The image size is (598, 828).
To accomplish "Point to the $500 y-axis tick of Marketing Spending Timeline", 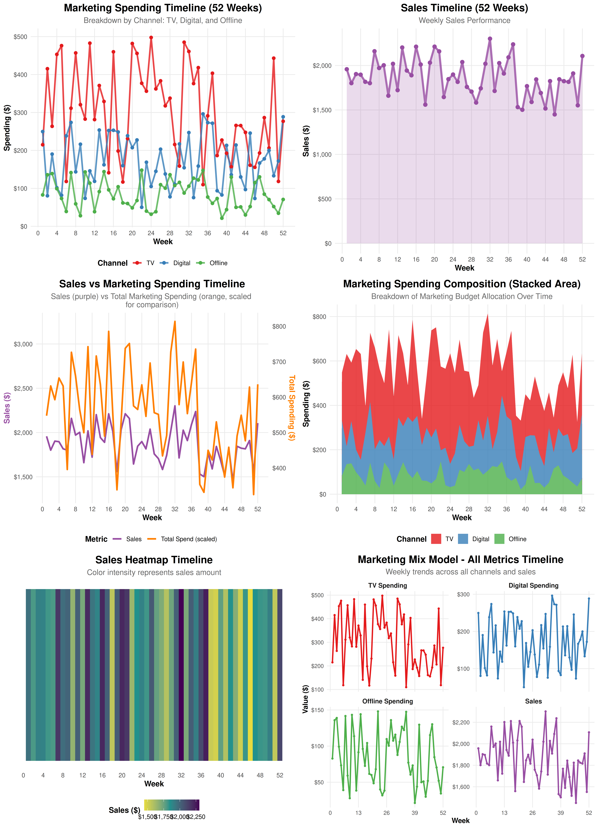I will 20,37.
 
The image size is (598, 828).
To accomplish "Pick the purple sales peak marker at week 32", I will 490,39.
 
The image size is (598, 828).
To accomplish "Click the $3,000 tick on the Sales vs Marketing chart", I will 23,344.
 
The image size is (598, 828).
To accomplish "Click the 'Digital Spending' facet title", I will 533,586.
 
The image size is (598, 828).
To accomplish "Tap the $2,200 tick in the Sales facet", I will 461,722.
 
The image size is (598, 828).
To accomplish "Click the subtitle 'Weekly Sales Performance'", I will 464,20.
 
